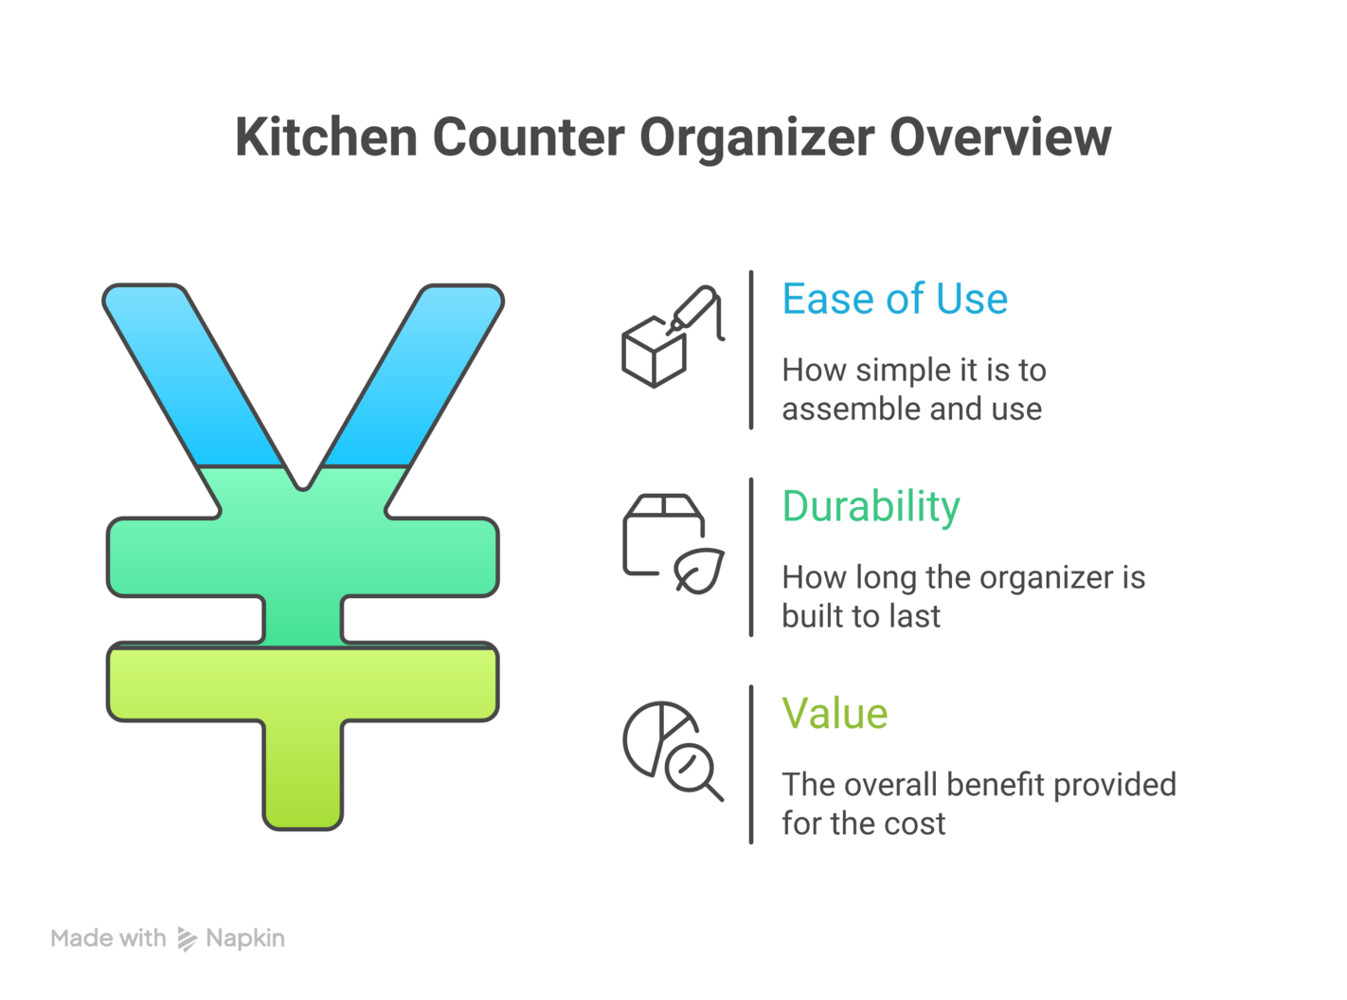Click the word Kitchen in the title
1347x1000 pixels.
[326, 137]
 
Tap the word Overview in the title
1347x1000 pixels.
[999, 137]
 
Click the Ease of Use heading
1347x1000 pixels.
[894, 300]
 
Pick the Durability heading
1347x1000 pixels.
[871, 507]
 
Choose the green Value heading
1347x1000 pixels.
[835, 714]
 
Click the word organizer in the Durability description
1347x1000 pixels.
[1034, 577]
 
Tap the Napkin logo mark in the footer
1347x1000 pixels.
[187, 939]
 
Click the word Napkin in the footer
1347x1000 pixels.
[244, 938]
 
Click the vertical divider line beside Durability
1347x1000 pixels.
[751, 557]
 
